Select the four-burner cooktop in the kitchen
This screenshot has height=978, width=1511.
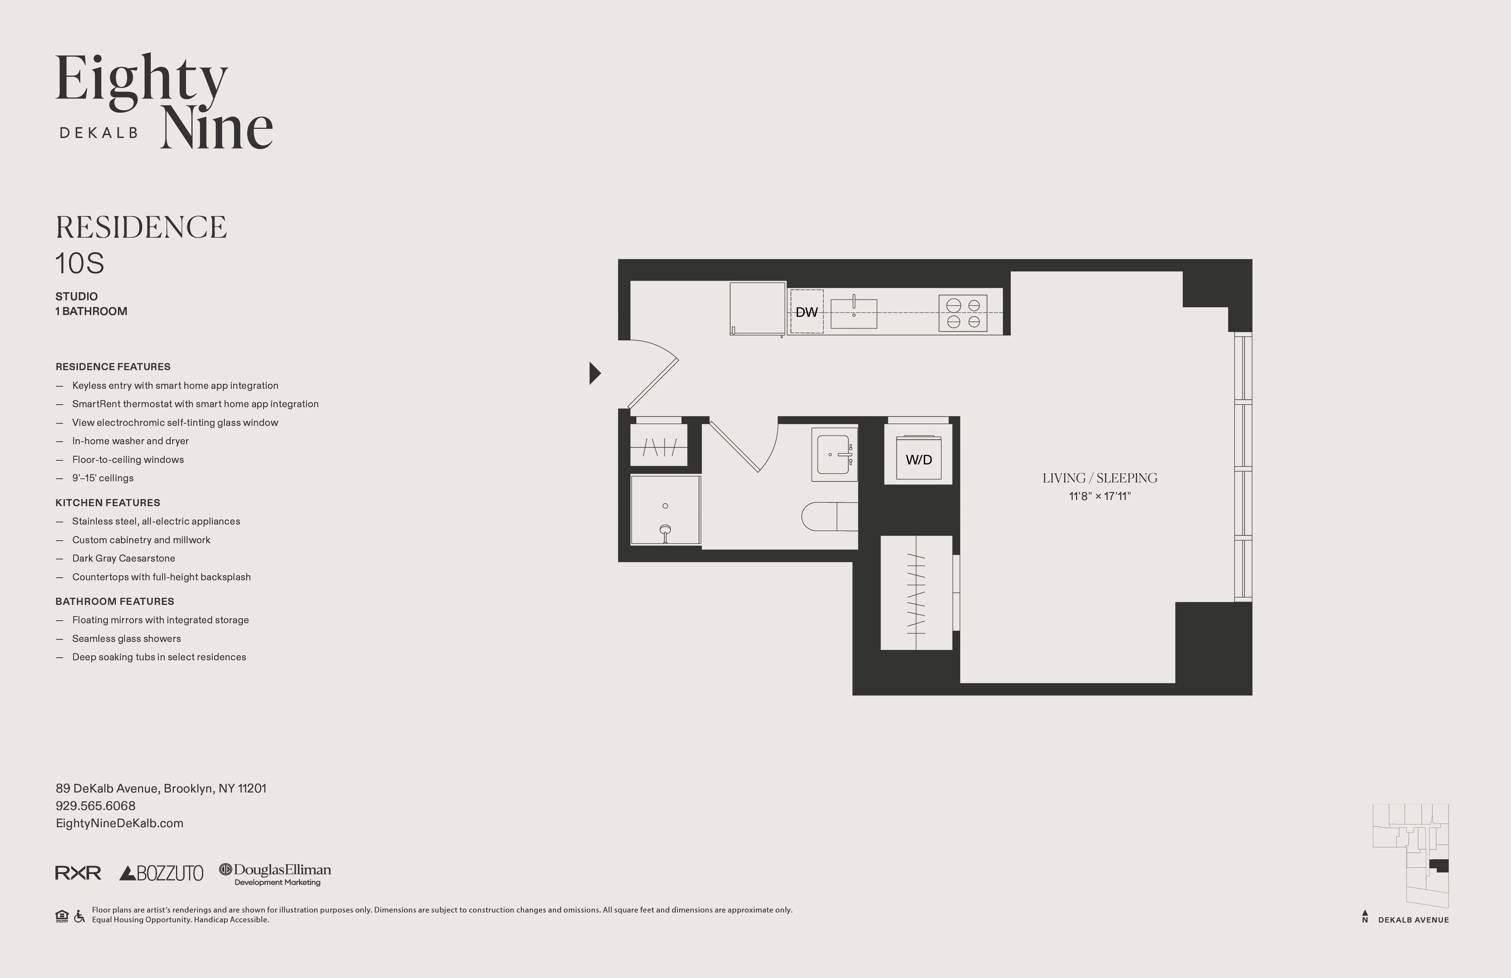click(963, 313)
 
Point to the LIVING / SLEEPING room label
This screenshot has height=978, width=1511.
click(1099, 478)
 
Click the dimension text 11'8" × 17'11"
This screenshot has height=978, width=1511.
click(1099, 496)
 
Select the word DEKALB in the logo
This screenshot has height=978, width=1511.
click(98, 133)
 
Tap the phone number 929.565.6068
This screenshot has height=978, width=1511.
click(95, 806)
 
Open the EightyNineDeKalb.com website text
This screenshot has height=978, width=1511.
click(119, 823)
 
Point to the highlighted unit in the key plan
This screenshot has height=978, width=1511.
click(1439, 866)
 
